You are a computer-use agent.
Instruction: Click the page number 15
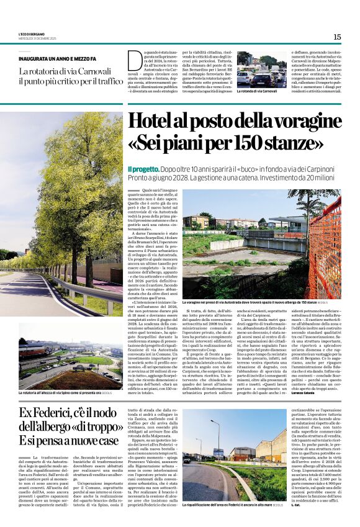pos(336,37)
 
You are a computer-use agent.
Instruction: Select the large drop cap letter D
pos(134,61)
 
